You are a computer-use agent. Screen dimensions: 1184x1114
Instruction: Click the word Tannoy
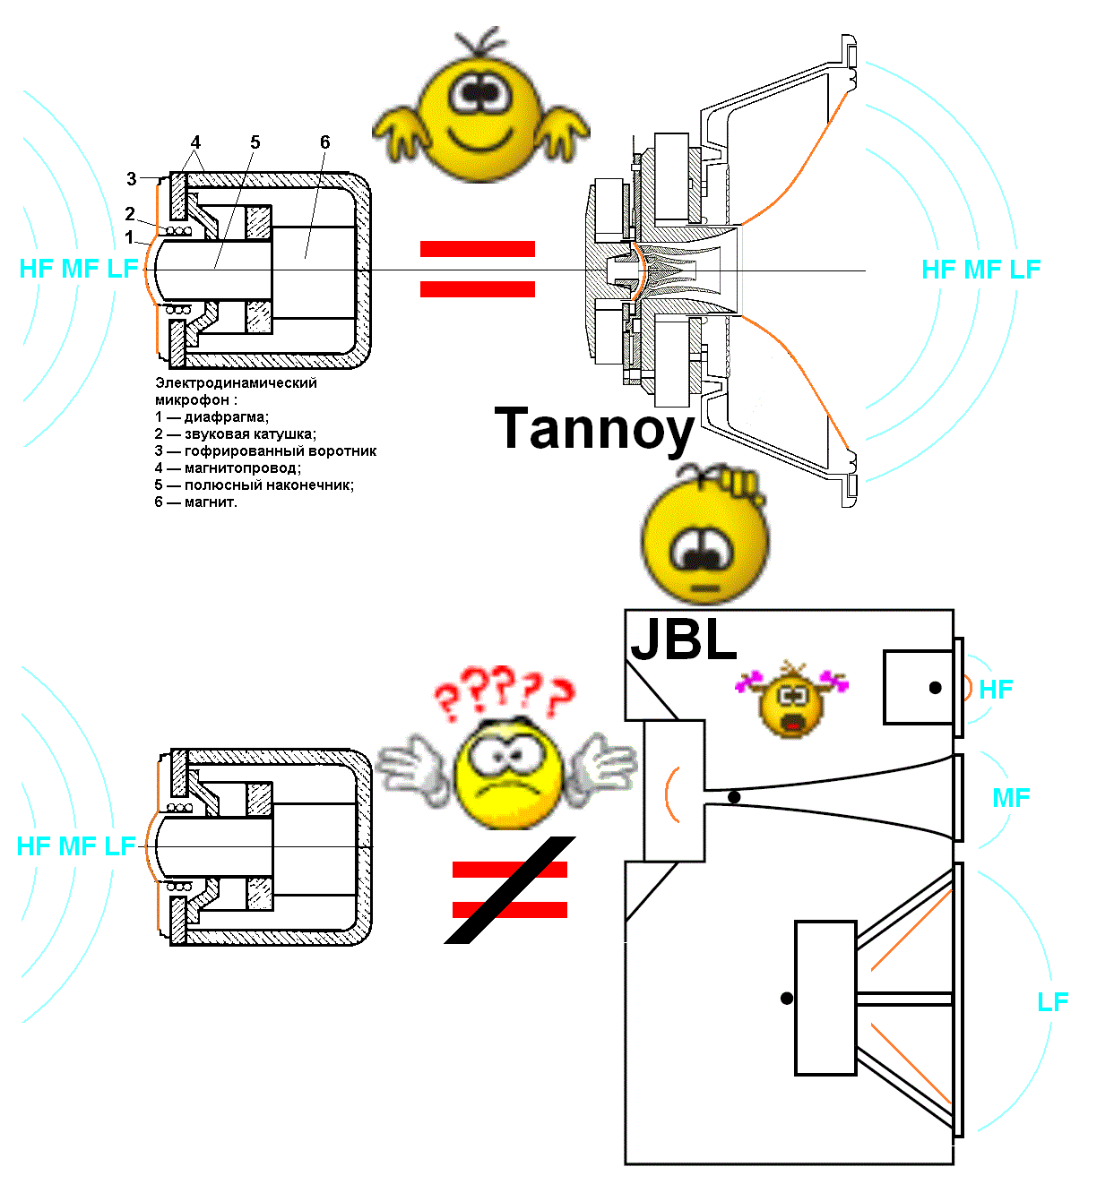tap(594, 429)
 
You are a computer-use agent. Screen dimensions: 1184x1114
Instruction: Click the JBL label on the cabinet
tap(683, 639)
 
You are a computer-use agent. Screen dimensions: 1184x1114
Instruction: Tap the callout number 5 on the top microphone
tap(255, 142)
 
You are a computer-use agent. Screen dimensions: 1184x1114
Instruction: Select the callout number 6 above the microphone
tap(324, 142)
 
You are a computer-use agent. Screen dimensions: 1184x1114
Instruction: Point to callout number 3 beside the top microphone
tap(132, 179)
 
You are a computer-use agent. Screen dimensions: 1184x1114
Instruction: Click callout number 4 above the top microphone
tap(195, 142)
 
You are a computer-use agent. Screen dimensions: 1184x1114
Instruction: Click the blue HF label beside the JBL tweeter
tap(996, 689)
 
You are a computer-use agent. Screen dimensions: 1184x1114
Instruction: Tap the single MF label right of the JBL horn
tap(1011, 797)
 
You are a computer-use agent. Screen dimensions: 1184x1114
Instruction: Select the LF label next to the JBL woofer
tap(1053, 1001)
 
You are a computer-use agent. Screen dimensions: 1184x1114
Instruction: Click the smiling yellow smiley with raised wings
tap(481, 108)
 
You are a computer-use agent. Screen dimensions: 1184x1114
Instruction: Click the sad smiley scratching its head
tap(705, 537)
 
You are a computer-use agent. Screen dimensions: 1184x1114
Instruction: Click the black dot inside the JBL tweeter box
tap(936, 688)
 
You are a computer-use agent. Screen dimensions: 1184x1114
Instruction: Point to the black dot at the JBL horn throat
tap(734, 797)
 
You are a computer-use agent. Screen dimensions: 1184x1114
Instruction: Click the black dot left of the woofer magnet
tap(786, 998)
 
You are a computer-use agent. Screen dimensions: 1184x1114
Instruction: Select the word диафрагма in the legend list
tap(225, 417)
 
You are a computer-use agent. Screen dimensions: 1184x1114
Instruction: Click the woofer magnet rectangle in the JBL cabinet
tap(825, 998)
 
